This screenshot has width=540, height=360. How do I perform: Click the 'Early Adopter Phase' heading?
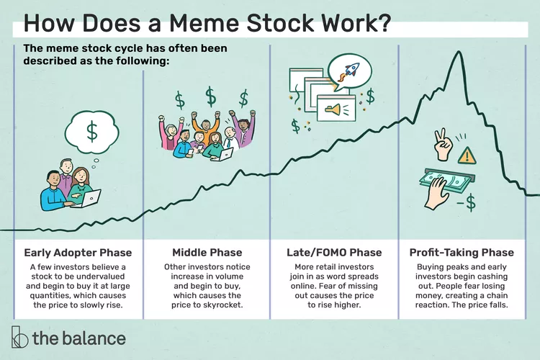(x=78, y=253)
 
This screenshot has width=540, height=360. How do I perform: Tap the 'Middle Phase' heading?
(x=207, y=253)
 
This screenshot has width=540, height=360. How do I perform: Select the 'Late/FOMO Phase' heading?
(x=334, y=253)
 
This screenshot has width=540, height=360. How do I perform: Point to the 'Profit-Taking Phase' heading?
(x=462, y=253)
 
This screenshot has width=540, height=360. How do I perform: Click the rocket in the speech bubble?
(x=349, y=72)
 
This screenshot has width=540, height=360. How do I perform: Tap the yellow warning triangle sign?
(x=467, y=156)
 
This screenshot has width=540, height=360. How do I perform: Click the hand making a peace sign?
(x=443, y=144)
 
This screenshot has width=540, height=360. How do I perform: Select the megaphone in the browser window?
(x=333, y=110)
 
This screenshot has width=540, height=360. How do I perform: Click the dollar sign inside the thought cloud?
(x=92, y=131)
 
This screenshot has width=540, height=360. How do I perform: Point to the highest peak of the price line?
(x=459, y=51)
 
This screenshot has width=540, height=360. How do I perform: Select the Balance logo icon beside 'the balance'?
(x=19, y=336)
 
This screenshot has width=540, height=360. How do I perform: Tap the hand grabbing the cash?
(x=436, y=193)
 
